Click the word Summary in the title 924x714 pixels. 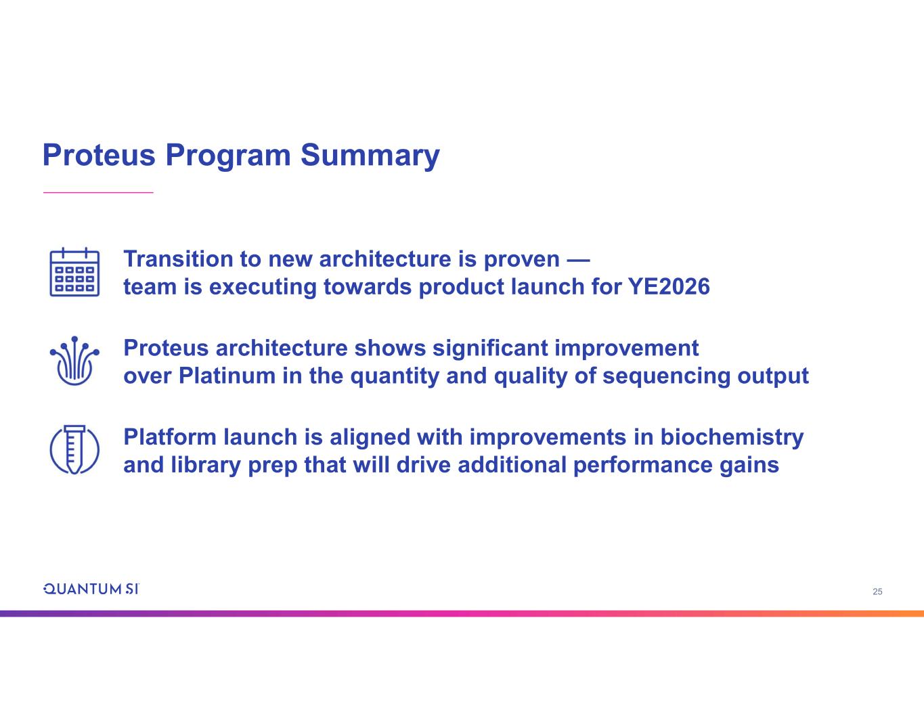point(370,156)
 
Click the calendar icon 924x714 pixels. point(74,271)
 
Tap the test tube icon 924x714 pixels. point(74,449)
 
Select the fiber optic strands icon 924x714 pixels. point(74,361)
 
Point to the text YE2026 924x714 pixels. point(669,286)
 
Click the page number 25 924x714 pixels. point(877,592)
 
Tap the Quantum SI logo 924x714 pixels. point(91,589)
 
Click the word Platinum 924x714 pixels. point(227,376)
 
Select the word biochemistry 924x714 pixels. point(732,438)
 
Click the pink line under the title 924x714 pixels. point(98,192)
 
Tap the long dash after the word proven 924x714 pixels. point(578,260)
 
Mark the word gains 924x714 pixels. point(749,466)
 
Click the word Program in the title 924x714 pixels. point(228,156)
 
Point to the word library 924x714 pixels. point(206,466)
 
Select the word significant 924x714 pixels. point(490,348)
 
